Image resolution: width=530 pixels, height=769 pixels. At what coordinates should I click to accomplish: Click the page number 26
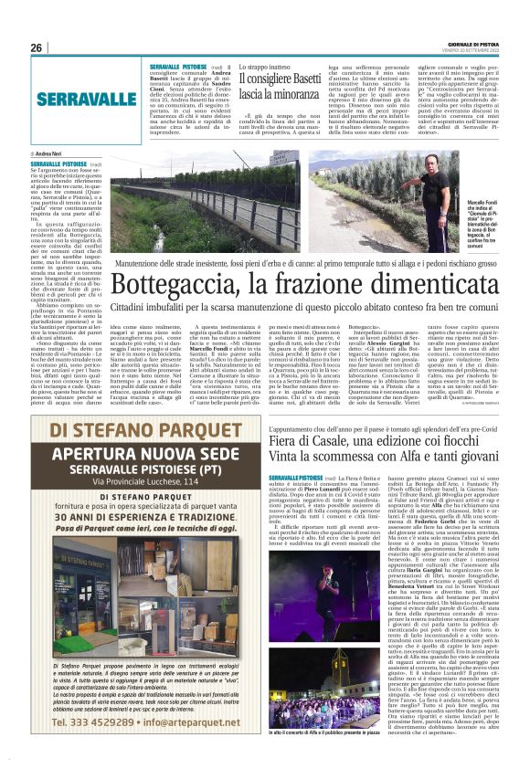37,47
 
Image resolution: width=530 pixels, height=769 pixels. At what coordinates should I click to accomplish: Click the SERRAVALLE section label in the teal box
87,99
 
